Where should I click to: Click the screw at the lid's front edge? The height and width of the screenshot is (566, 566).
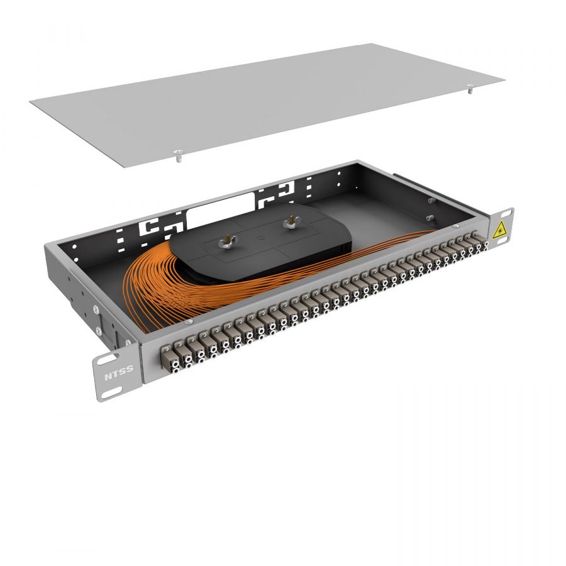pyautogui.click(x=178, y=156)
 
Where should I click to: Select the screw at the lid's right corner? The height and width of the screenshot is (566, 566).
pyautogui.click(x=470, y=89)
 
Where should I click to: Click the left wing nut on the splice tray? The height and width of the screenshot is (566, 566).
pyautogui.click(x=228, y=242)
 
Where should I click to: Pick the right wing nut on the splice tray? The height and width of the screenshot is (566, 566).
pyautogui.click(x=290, y=223)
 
